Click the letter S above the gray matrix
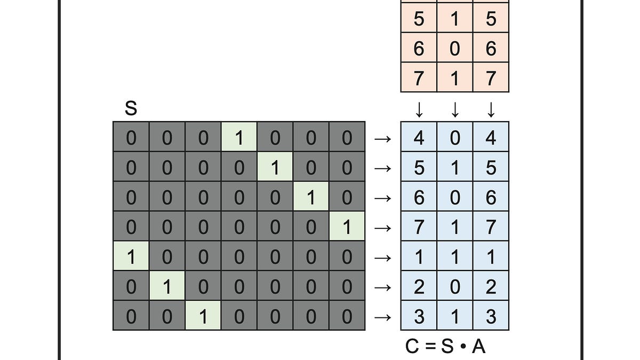[131, 108]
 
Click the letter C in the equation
[412, 346]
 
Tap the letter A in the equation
[478, 346]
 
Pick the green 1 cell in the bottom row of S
[203, 315]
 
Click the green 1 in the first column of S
[131, 255]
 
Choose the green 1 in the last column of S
[347, 226]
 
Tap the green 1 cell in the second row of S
[275, 166]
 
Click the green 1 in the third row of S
[311, 196]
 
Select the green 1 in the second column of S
[167, 286]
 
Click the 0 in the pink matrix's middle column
[454, 48]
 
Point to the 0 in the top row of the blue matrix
[455, 138]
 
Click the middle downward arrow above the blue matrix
[455, 110]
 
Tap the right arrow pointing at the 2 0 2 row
[382, 287]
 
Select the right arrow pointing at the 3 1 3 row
[382, 317]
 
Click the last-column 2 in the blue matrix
[491, 287]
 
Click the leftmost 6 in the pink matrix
[419, 48]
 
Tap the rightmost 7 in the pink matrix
[491, 78]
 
